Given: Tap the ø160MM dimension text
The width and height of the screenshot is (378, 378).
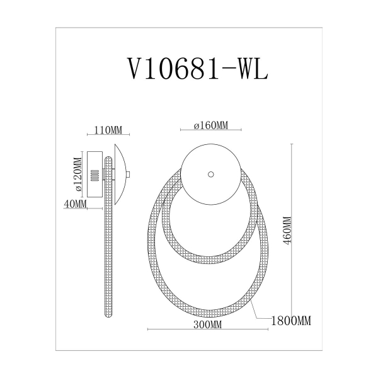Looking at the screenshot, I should click(x=210, y=125).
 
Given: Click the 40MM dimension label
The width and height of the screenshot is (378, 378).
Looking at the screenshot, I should click(x=74, y=203).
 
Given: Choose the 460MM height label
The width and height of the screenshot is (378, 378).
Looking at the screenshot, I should click(x=287, y=233).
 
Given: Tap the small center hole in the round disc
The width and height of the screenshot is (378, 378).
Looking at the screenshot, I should click(x=210, y=173).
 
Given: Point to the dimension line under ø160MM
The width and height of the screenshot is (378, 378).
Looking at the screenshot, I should click(x=210, y=130).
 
